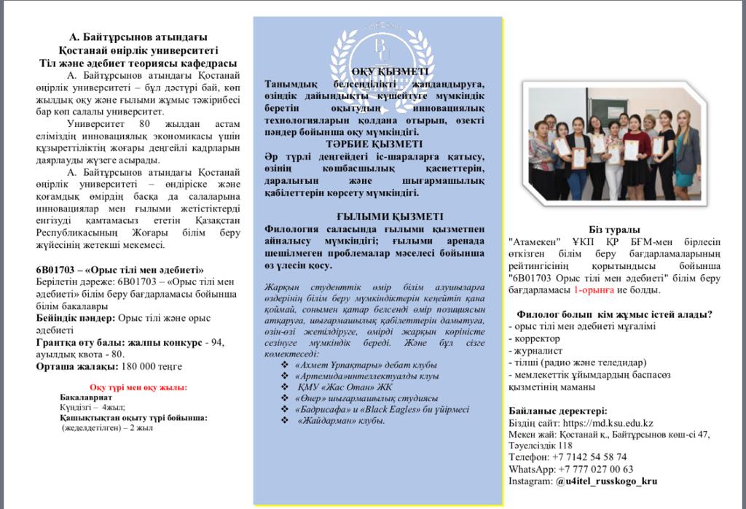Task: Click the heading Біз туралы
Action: pos(610,230)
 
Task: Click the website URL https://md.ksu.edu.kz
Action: pos(608,424)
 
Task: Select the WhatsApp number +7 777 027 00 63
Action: pos(597,469)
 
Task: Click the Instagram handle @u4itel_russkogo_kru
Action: pos(606,481)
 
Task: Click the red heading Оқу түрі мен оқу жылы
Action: pos(138,387)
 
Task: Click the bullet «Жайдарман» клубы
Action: pos(341,421)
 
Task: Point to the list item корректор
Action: pos(537,339)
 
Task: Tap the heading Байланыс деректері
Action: pos(557,411)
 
